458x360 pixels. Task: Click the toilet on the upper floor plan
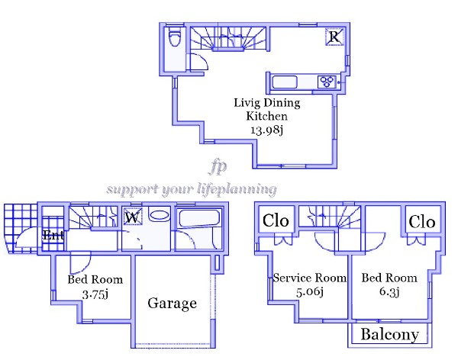tap(175, 37)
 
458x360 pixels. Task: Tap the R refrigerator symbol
tap(334, 37)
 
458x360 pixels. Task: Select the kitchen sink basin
tap(285, 82)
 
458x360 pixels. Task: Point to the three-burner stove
tap(327, 82)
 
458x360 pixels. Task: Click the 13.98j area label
tap(267, 130)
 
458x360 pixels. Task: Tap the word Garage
tap(172, 304)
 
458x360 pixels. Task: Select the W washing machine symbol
tap(133, 217)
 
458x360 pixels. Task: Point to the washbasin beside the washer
tap(159, 215)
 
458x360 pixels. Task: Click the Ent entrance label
tap(53, 235)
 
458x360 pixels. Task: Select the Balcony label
tap(389, 335)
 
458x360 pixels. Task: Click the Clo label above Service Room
tap(276, 220)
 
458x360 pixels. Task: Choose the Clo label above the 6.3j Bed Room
tap(422, 222)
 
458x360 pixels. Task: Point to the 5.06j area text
tap(310, 291)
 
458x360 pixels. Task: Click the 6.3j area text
tap(389, 291)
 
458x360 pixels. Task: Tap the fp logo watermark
tap(218, 167)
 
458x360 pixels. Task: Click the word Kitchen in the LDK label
tap(266, 116)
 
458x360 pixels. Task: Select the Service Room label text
tap(310, 278)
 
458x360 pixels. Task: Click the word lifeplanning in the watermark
tap(237, 189)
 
